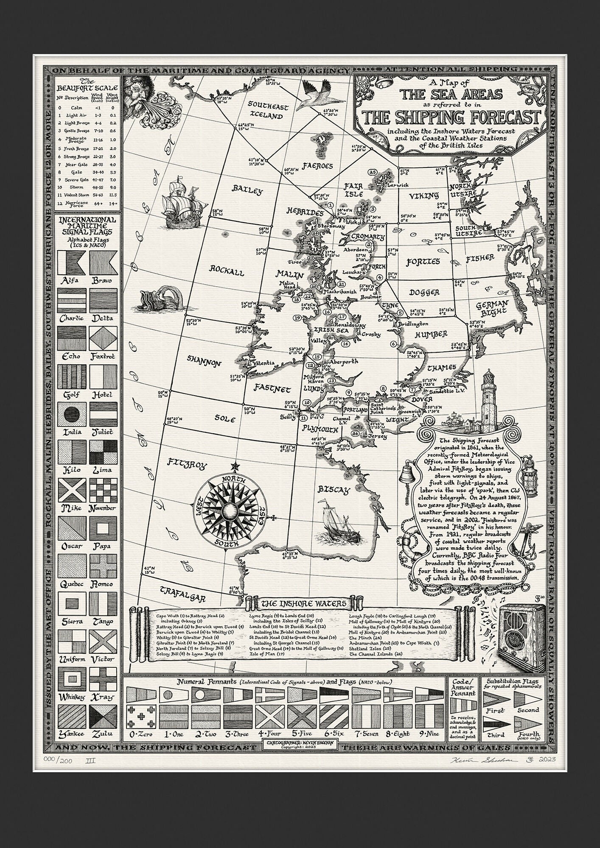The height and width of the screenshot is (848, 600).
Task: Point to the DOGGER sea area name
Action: click(424, 292)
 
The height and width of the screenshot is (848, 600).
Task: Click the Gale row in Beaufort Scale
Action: click(89, 173)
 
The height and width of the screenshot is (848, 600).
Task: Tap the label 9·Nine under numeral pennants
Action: click(429, 734)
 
